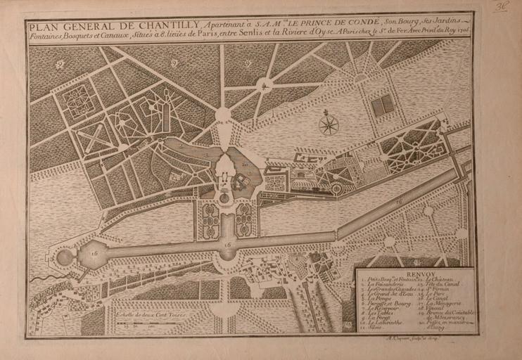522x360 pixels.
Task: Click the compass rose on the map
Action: [x=328, y=125]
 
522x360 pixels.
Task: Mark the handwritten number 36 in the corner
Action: [x=501, y=7]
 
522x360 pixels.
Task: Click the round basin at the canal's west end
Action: [x=65, y=257]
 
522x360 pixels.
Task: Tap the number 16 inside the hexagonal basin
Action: [x=94, y=253]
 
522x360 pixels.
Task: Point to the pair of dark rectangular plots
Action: [x=382, y=105]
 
